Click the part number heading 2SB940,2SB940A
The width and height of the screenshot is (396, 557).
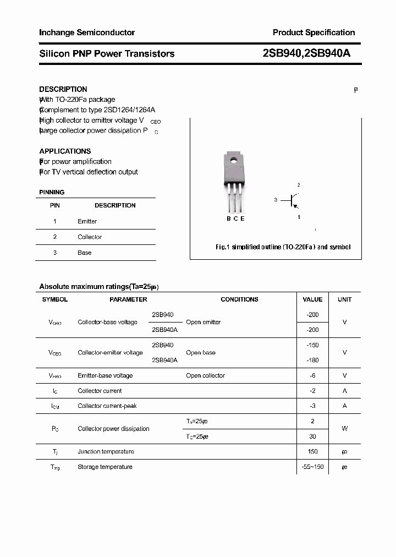click(306, 53)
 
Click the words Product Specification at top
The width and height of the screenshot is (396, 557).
click(313, 32)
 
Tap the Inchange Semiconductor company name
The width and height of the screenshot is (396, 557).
click(87, 32)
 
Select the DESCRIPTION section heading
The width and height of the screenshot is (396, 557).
click(63, 89)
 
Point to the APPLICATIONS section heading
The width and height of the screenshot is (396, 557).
click(65, 151)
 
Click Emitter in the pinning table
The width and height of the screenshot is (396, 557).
click(87, 221)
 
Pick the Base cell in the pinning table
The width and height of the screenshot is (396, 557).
click(85, 253)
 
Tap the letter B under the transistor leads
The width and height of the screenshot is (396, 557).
click(229, 219)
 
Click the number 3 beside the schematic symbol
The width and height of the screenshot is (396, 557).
click(275, 200)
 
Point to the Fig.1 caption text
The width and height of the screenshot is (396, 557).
click(283, 247)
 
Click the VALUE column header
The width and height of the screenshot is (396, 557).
click(312, 299)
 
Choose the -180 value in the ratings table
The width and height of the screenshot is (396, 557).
click(312, 360)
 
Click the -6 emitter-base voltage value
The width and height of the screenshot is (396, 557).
click(312, 375)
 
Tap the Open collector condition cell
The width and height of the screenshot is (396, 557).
click(205, 375)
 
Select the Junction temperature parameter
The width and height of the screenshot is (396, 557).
click(106, 451)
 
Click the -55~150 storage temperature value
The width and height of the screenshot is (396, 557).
click(312, 467)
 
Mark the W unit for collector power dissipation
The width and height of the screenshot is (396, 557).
click(345, 428)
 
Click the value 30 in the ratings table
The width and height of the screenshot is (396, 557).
click(312, 436)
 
